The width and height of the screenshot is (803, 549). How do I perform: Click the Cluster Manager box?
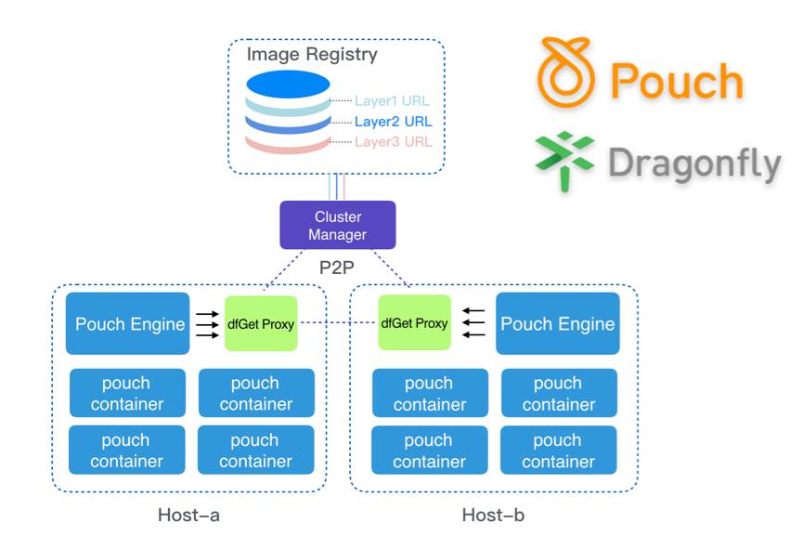click(338, 226)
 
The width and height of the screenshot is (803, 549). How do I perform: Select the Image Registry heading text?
click(312, 55)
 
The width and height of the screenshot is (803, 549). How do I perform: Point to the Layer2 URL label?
click(394, 121)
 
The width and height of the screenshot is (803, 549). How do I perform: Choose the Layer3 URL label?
click(394, 141)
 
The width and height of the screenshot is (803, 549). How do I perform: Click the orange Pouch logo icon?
click(566, 73)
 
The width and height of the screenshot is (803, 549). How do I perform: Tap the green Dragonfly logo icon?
click(564, 159)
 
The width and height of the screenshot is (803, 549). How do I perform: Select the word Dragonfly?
click(694, 163)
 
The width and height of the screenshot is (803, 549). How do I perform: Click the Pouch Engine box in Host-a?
click(129, 323)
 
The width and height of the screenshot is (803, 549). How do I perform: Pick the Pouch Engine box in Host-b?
click(557, 323)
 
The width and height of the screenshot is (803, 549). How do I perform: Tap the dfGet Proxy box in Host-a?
click(261, 323)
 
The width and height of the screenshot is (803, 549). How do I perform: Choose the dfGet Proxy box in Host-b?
click(414, 323)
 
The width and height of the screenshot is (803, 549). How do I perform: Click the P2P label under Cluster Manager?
click(338, 267)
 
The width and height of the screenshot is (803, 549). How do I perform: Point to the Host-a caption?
click(188, 515)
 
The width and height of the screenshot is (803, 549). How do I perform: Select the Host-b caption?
click(493, 515)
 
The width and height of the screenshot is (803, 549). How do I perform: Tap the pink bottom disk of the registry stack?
click(288, 144)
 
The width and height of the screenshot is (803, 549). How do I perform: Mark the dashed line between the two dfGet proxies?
click(338, 323)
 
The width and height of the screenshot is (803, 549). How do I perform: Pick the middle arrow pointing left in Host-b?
click(473, 323)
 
